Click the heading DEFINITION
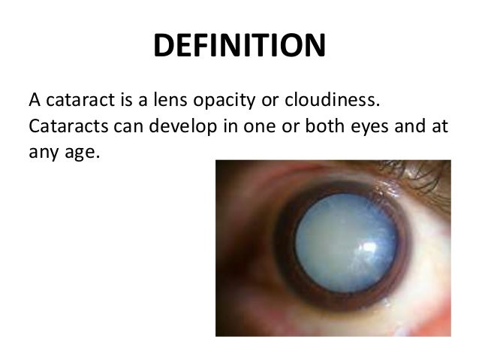[x=239, y=47]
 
